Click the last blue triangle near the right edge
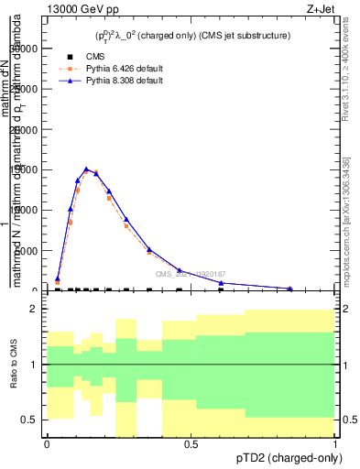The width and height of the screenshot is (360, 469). coord(290,289)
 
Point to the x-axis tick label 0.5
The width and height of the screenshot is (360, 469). coord(191,443)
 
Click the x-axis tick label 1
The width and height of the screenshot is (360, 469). coord(335,443)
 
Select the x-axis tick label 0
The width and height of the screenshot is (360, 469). coord(47,443)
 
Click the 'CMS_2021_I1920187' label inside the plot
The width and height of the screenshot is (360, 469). coord(191,273)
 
